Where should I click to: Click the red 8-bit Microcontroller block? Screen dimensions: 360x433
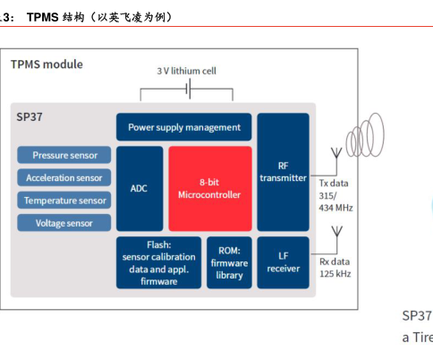[209, 188]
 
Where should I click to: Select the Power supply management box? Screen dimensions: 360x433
[183, 127]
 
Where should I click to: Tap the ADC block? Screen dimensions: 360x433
[139, 188]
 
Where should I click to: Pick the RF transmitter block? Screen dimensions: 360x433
[283, 171]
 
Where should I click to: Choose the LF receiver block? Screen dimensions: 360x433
[283, 262]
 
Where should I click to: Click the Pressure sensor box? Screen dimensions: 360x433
[64, 155]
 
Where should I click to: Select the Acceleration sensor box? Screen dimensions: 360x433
[64, 177]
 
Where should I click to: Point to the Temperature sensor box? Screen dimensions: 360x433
[64, 200]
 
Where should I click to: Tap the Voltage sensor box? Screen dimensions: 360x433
[64, 222]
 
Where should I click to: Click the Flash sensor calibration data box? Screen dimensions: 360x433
[159, 262]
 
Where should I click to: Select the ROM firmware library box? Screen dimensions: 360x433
[229, 262]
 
